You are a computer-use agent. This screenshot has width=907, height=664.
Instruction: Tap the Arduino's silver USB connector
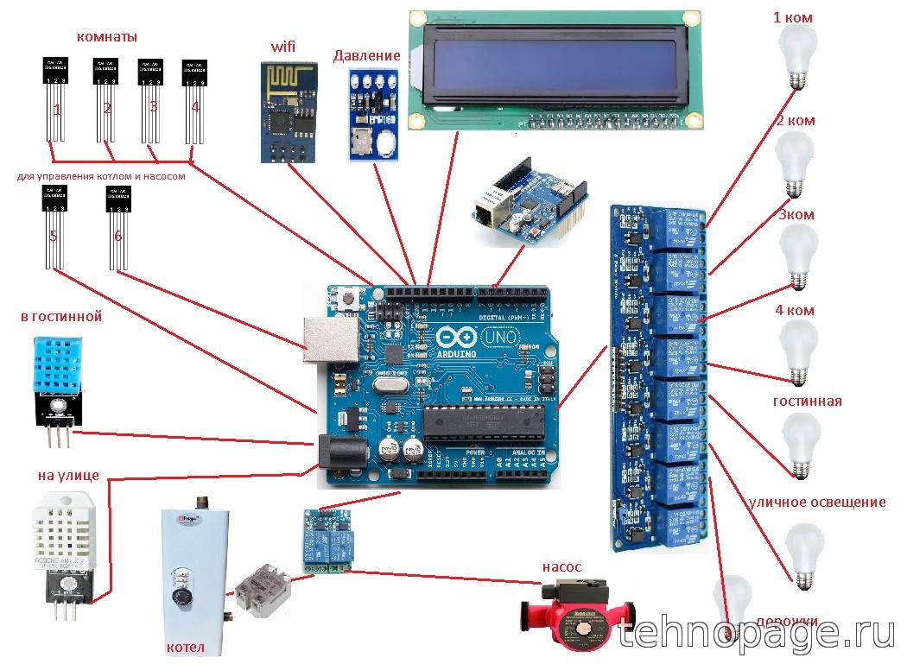330,339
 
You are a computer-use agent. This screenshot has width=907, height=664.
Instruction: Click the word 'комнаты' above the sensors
107,37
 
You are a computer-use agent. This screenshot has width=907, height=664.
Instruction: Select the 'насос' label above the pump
561,567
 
